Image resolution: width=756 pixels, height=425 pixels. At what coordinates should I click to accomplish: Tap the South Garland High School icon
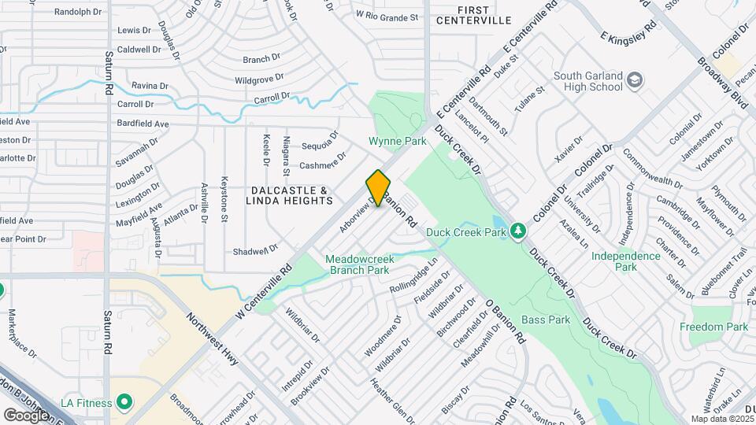pyautogui.click(x=635, y=79)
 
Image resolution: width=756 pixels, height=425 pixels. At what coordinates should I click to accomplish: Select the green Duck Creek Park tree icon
pyautogui.click(x=518, y=231)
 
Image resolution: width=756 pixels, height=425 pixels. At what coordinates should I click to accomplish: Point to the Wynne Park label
pyautogui.click(x=398, y=142)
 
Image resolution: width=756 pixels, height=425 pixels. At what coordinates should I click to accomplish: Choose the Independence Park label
pyautogui.click(x=626, y=261)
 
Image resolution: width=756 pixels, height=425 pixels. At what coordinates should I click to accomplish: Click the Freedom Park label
pyautogui.click(x=715, y=327)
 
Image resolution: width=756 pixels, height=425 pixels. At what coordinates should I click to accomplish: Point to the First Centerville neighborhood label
pyautogui.click(x=485, y=15)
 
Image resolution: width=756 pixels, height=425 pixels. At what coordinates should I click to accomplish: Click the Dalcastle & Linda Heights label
pyautogui.click(x=289, y=196)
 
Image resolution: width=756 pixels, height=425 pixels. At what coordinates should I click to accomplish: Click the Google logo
pyautogui.click(x=26, y=415)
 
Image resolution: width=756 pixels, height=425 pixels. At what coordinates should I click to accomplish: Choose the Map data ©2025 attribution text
pyautogui.click(x=722, y=419)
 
